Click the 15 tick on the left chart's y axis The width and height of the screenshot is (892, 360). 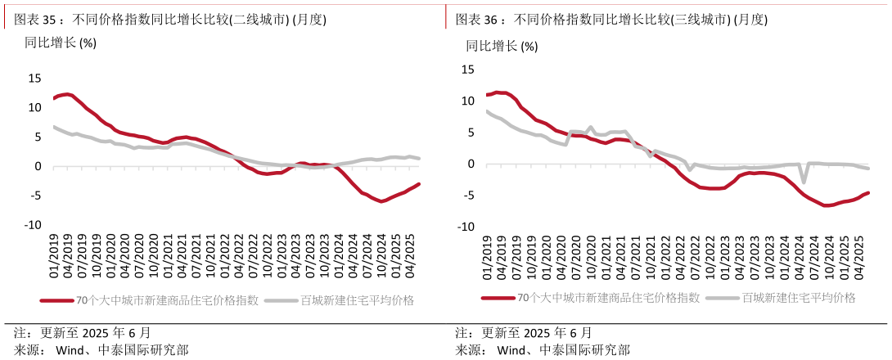(x=34, y=79)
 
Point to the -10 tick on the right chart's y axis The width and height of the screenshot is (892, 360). (x=466, y=226)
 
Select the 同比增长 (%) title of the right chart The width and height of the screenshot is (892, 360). (x=502, y=46)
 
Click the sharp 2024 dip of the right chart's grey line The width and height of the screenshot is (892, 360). (x=804, y=182)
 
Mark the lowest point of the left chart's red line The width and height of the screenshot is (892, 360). (x=381, y=201)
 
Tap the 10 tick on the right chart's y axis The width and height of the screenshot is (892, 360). (x=467, y=101)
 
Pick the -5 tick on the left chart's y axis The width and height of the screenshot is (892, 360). (x=36, y=196)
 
